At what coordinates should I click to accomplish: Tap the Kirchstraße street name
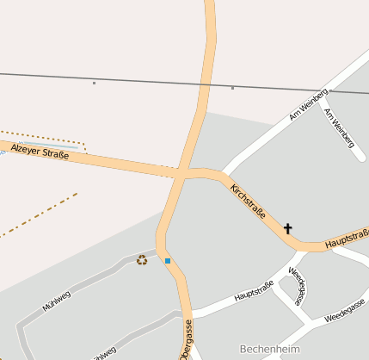coord(248,201)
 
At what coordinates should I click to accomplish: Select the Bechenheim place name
coord(271,349)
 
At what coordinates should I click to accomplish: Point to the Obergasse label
coord(186,339)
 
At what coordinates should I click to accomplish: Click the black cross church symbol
coord(288,229)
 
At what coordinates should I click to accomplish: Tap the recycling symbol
coord(142,259)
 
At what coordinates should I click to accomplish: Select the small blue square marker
coord(168,260)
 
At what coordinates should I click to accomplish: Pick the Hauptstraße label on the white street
coord(254,291)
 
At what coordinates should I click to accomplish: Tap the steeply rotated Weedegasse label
coord(298,286)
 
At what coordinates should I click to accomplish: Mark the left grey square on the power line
coord(94,83)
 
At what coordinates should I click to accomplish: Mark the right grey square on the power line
coord(232,88)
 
